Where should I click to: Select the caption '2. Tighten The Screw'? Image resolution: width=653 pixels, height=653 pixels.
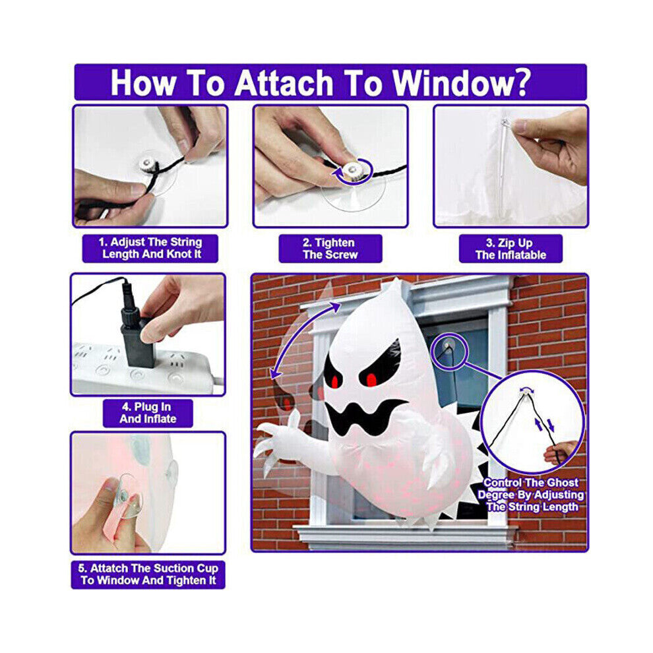pos(330,249)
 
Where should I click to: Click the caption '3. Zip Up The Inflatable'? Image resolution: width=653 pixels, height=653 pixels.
pos(511,249)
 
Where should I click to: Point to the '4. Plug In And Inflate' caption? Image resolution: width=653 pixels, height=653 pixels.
pos(148,413)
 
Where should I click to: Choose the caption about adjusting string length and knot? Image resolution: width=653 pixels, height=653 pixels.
pos(150,248)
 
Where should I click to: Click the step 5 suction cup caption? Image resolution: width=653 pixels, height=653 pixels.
pos(148,575)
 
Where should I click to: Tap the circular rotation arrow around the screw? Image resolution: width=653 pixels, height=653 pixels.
pos(353,170)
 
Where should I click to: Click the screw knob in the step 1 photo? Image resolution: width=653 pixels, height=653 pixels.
pos(148,165)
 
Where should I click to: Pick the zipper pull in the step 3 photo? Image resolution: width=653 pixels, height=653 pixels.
pos(505,123)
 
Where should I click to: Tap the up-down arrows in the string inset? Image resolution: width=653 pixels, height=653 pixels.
pos(545,425)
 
